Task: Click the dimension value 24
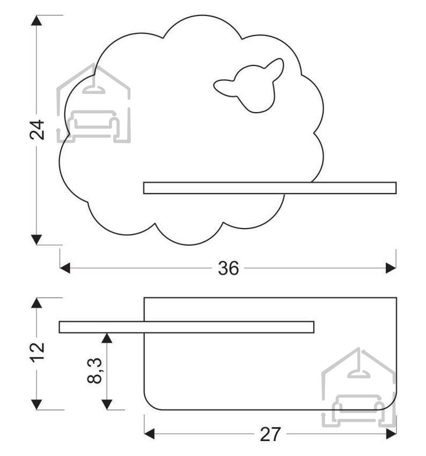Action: (37, 129)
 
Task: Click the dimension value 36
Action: (229, 268)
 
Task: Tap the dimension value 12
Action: (37, 352)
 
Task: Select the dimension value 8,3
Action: (94, 371)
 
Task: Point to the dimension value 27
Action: (270, 434)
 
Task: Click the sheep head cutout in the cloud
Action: (249, 85)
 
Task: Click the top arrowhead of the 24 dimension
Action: (36, 20)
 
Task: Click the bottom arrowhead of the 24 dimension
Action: (36, 240)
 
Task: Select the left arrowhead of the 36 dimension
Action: (65, 268)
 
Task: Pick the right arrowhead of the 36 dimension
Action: (391, 268)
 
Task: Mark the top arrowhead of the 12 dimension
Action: (36, 303)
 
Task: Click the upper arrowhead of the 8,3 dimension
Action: (107, 338)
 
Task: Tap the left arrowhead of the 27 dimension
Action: (150, 433)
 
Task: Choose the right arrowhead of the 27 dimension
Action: (391, 433)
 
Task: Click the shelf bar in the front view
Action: (270, 188)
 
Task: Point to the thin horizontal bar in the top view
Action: (186, 327)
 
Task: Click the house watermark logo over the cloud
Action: (93, 103)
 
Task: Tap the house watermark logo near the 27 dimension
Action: (359, 387)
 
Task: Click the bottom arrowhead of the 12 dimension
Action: (36, 404)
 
